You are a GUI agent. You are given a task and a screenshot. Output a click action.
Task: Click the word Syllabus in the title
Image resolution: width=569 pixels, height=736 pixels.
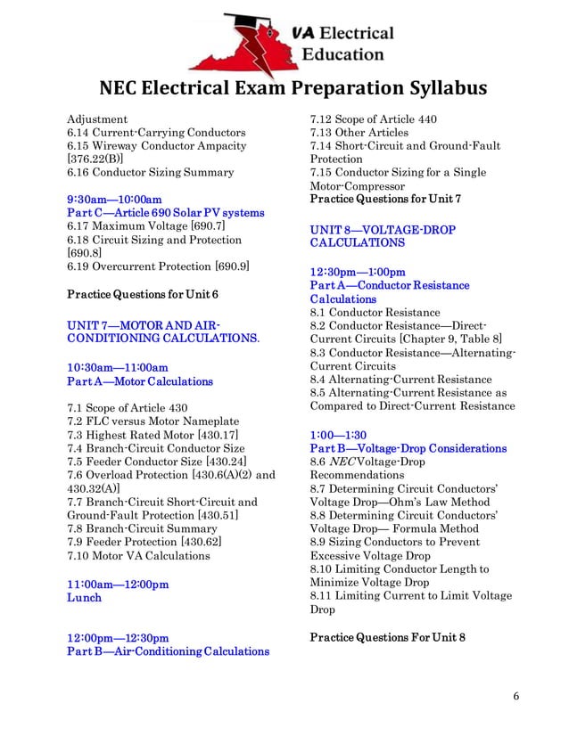pos(436,88)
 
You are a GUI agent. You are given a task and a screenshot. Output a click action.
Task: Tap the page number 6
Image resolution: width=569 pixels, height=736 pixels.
pos(516,696)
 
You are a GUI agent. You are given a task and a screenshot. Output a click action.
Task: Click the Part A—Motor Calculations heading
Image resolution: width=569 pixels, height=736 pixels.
pos(140,381)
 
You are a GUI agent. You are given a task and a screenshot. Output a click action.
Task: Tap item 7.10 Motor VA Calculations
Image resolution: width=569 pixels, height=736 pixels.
pos(138,555)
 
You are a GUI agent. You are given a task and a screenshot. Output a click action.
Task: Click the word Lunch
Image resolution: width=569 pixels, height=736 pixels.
pos(85,597)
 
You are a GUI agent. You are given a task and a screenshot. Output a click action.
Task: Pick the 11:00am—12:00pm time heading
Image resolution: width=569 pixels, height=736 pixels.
pos(118,584)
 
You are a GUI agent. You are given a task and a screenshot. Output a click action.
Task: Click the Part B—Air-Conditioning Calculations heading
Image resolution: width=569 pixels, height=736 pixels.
pos(169,651)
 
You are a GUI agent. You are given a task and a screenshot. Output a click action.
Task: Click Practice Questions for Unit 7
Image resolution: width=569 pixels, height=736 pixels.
pos(384,199)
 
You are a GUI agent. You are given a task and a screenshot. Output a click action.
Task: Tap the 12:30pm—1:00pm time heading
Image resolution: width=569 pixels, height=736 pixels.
pos(358,272)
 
